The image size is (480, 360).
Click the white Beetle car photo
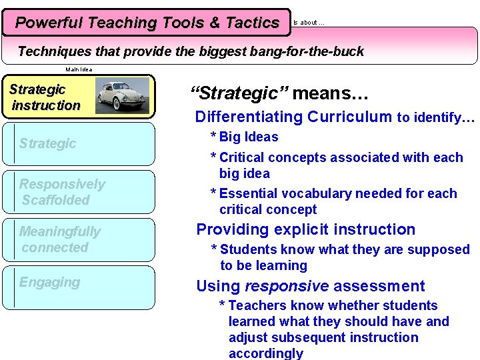coord(122,95)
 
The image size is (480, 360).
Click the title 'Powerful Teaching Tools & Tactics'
coord(147,23)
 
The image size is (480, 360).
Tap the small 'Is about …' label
coord(309,23)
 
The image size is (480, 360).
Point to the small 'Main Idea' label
coord(79,69)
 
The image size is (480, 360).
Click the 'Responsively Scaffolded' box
coord(78,192)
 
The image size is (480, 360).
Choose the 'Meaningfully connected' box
coord(78,239)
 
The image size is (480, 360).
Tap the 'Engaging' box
coord(78,287)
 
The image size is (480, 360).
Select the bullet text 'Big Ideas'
coord(249,137)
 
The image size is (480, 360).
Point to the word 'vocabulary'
coord(315,193)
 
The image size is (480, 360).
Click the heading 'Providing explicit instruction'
coord(305,229)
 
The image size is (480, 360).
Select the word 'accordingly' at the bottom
coord(265,353)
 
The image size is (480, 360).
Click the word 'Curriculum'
coord(349,117)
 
